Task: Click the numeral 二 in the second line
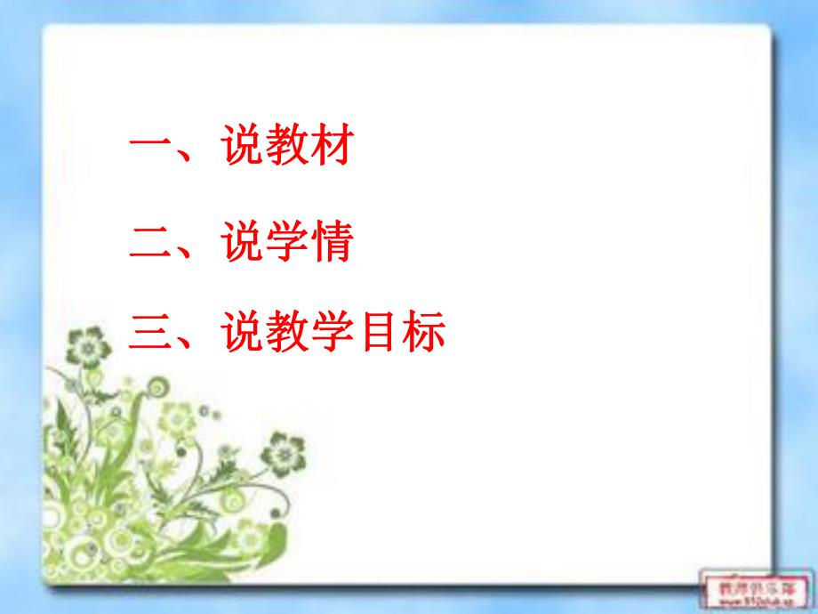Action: click(151, 242)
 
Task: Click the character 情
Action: click(331, 242)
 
